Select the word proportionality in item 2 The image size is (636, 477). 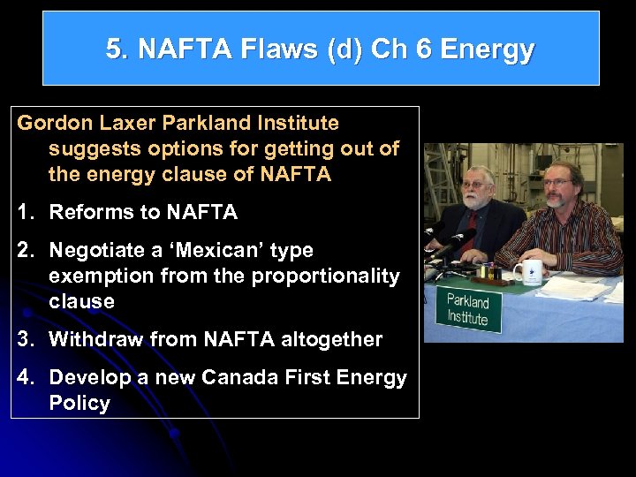325,276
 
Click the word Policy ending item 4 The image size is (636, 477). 79,404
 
